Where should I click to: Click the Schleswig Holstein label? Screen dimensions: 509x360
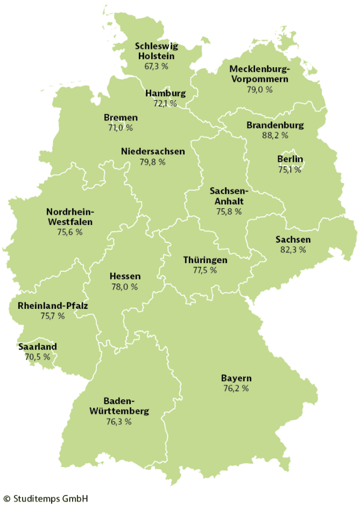[x=156, y=51]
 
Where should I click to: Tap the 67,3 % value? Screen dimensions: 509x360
[x=156, y=66]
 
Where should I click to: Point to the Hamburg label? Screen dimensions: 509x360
[x=165, y=93]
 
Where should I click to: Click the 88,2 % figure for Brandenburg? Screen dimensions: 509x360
[x=275, y=136]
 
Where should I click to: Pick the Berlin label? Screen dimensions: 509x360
[x=290, y=159]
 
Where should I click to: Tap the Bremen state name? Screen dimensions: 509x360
[x=121, y=117]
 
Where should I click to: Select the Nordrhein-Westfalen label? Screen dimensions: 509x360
[x=70, y=216]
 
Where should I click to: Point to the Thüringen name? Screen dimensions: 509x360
[x=204, y=260]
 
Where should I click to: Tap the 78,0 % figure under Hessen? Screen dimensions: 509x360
[x=124, y=287]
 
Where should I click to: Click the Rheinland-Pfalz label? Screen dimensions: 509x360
[x=53, y=306]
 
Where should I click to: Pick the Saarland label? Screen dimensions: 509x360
[x=38, y=347]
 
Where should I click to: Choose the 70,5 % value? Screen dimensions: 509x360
[x=38, y=357]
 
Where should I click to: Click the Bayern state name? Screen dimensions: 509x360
[x=236, y=378]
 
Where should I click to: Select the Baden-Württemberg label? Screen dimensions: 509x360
[x=119, y=406]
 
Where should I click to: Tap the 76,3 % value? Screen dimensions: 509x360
[x=119, y=422]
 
